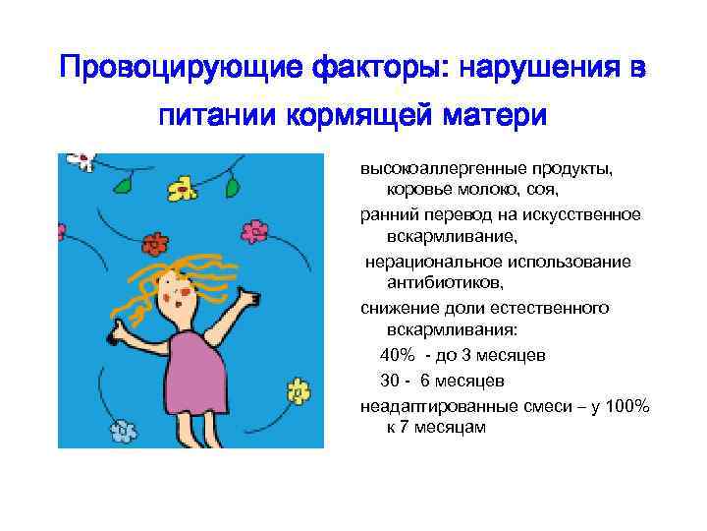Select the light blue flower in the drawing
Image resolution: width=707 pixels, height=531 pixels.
(122, 430)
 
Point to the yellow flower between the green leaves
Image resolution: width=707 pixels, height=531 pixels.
(181, 187)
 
